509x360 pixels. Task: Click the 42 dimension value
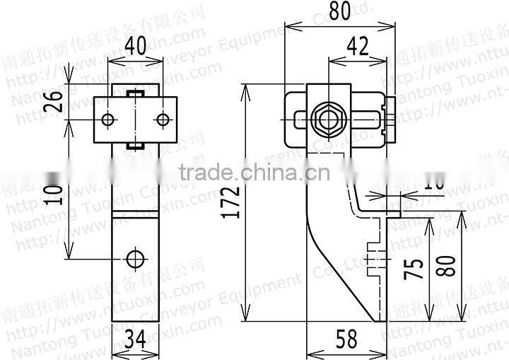[x=358, y=49]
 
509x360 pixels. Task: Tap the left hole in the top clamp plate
[x=107, y=120]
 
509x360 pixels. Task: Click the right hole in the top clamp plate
[x=163, y=120]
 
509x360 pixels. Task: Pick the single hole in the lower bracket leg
[x=135, y=257]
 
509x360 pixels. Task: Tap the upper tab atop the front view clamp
[x=135, y=93]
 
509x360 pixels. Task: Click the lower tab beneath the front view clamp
[x=135, y=146]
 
